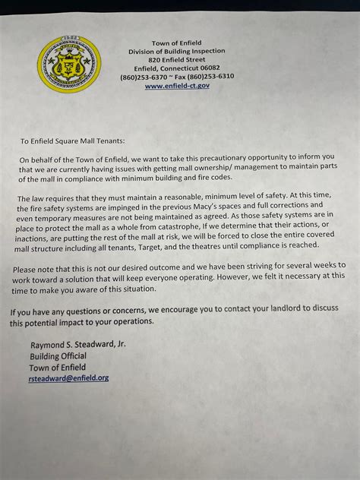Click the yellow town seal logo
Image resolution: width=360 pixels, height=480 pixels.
(x=70, y=64)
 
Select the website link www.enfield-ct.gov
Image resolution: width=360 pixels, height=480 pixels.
(x=177, y=86)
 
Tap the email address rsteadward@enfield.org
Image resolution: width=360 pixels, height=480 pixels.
(x=69, y=377)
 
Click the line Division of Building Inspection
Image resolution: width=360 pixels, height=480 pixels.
(x=177, y=51)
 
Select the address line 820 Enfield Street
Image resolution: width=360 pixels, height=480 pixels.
(x=177, y=59)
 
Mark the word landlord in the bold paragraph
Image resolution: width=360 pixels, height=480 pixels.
(x=262, y=312)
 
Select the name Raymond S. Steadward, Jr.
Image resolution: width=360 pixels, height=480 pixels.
(x=77, y=346)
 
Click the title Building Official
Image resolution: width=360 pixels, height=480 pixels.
(x=58, y=356)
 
